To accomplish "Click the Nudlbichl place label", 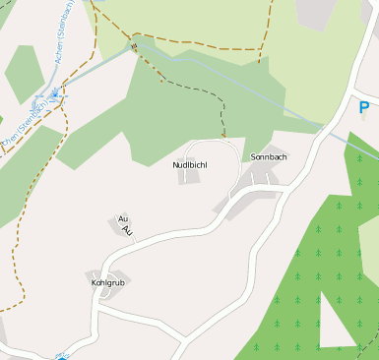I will [190, 164].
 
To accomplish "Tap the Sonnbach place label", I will [269, 157].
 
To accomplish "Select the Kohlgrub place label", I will [108, 282].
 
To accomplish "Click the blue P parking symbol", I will [364, 108].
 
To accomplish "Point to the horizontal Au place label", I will [123, 218].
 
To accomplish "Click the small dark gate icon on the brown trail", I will [133, 45].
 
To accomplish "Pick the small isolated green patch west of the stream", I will [22, 73].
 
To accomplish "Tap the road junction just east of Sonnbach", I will [288, 185].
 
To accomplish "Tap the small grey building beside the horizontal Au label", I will [115, 227].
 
